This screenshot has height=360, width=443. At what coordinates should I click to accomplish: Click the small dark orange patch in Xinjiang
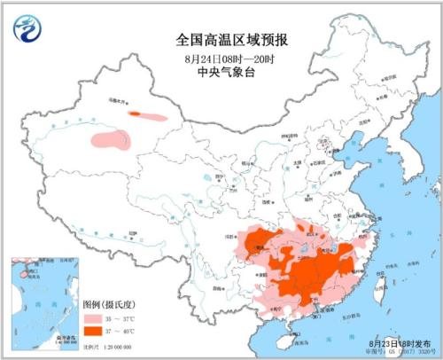[x=136, y=113]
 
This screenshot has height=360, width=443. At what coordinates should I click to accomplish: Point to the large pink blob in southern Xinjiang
[x=110, y=139]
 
